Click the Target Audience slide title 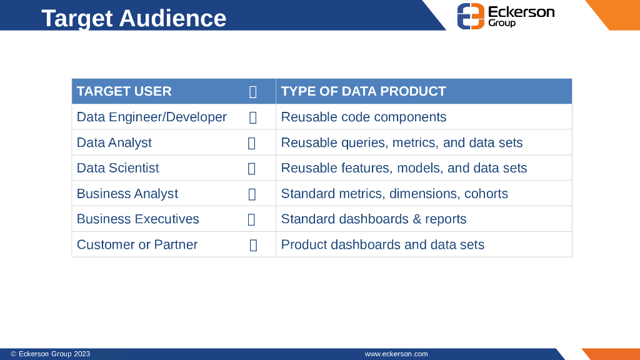(x=134, y=18)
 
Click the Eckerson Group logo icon (x=471, y=16)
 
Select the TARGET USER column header (x=124, y=91)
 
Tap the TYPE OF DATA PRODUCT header (x=363, y=91)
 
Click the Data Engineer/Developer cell (x=151, y=117)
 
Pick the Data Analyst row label (x=114, y=142)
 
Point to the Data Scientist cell (x=117, y=168)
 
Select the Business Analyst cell (x=127, y=194)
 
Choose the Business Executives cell (x=137, y=219)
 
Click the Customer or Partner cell (x=137, y=245)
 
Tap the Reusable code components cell (x=363, y=117)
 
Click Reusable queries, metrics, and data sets (x=401, y=142)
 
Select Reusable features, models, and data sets (x=404, y=168)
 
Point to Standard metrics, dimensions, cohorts (x=394, y=194)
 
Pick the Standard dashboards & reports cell (x=373, y=219)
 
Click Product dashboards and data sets (x=382, y=245)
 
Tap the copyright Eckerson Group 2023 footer (x=50, y=354)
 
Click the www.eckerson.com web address (x=396, y=354)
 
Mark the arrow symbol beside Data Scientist (x=252, y=168)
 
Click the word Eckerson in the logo (x=521, y=12)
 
